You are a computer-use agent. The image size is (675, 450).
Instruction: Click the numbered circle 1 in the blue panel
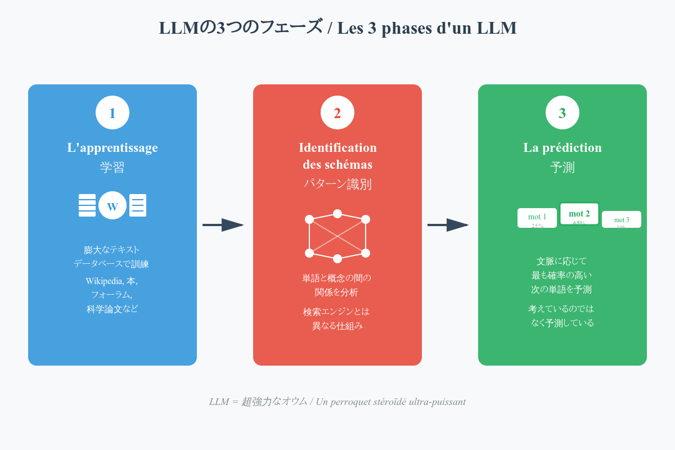click(112, 112)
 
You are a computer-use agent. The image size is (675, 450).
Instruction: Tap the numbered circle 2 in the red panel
click(337, 112)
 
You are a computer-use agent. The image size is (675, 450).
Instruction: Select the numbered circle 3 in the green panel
click(562, 112)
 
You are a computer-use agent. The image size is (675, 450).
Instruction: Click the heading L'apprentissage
click(112, 147)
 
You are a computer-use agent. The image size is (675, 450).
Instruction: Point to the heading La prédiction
click(562, 147)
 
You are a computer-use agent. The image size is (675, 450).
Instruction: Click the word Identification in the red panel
click(337, 147)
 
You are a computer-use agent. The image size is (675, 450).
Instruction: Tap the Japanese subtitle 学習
click(112, 168)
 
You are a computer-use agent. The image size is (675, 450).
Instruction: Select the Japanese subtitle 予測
click(562, 168)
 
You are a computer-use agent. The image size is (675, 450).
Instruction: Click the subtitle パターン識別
click(337, 184)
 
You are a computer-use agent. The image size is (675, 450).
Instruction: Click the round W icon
click(112, 205)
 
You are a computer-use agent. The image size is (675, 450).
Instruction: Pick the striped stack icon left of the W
click(87, 205)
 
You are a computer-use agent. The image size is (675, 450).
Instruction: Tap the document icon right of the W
click(138, 205)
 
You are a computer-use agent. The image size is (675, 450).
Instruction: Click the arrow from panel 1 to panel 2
click(223, 225)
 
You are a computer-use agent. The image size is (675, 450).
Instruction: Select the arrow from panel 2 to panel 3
click(448, 225)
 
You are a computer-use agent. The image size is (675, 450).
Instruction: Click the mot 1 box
click(537, 218)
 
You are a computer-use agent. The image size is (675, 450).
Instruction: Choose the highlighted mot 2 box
click(579, 214)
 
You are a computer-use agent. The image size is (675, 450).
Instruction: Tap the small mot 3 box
click(622, 219)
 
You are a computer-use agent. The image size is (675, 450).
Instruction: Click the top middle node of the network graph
click(337, 214)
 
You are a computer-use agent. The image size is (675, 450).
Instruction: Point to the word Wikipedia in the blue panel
click(104, 281)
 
